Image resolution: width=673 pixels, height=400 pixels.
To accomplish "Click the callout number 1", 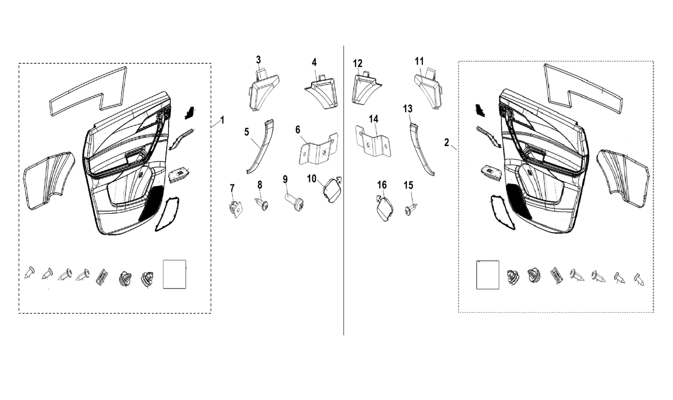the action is click(x=222, y=120).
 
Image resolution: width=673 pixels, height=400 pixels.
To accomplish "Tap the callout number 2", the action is click(x=447, y=143).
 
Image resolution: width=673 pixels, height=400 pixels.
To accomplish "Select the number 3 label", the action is click(x=258, y=60).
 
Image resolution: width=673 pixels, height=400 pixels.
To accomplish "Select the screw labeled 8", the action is click(x=262, y=204).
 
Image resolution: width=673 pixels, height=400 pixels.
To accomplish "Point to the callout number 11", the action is click(x=419, y=62).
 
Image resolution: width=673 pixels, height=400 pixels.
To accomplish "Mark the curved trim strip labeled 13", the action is click(x=421, y=149).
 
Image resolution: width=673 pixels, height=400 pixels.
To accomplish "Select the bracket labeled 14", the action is click(x=373, y=141).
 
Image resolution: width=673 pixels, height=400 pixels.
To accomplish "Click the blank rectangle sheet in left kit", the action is click(x=175, y=274).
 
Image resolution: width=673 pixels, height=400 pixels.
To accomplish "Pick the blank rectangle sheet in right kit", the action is click(x=488, y=275).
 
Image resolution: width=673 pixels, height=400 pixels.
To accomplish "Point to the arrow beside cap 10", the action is click(x=339, y=180).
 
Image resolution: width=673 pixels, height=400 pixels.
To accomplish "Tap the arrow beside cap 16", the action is click(x=379, y=198).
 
